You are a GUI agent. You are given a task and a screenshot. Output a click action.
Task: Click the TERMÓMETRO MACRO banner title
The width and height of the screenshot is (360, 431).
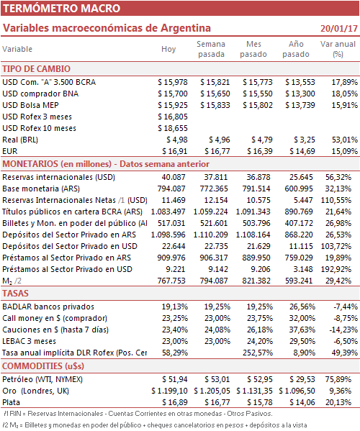click(x=62, y=8)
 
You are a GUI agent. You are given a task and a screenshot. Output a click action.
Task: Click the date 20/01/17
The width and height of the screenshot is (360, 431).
click(x=339, y=29)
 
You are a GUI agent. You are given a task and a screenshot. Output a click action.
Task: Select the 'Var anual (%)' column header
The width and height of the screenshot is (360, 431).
click(x=338, y=49)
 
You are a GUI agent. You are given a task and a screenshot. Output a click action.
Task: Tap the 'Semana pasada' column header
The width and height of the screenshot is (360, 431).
click(x=211, y=49)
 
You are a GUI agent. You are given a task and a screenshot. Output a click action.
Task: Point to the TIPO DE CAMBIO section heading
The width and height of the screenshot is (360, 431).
click(x=36, y=69)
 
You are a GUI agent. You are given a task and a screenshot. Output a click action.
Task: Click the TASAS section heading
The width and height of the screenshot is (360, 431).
click(x=15, y=294)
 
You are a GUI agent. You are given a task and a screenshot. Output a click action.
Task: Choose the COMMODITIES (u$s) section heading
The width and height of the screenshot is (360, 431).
click(x=43, y=366)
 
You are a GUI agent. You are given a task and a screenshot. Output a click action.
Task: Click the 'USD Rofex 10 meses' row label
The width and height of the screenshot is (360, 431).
click(x=39, y=128)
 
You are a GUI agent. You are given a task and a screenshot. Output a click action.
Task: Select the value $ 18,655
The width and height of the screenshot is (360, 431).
click(x=173, y=128)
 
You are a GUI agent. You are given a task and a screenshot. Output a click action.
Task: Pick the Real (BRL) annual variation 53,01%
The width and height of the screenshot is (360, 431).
click(x=345, y=140)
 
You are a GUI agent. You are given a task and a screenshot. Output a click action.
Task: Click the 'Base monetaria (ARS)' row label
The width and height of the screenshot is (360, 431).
click(x=41, y=189)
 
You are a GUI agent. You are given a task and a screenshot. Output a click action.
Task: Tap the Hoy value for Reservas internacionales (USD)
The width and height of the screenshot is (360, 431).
click(x=174, y=177)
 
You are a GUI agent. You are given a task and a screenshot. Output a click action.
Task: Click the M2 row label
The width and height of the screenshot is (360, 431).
click(x=12, y=281)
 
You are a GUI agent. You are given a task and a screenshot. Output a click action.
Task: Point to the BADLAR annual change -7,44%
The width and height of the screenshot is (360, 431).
click(x=346, y=307)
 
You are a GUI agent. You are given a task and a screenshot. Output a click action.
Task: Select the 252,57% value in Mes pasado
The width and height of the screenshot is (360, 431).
click(x=258, y=353)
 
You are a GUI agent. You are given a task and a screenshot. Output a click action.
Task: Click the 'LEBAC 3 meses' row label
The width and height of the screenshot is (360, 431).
click(x=29, y=341)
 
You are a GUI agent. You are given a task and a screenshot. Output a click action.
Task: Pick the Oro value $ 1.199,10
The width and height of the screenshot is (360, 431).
click(x=169, y=391)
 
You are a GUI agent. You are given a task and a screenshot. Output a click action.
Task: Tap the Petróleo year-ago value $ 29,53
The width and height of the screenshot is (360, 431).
click(x=302, y=379)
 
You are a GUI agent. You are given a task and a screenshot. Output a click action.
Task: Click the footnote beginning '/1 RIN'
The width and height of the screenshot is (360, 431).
click(x=138, y=414)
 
